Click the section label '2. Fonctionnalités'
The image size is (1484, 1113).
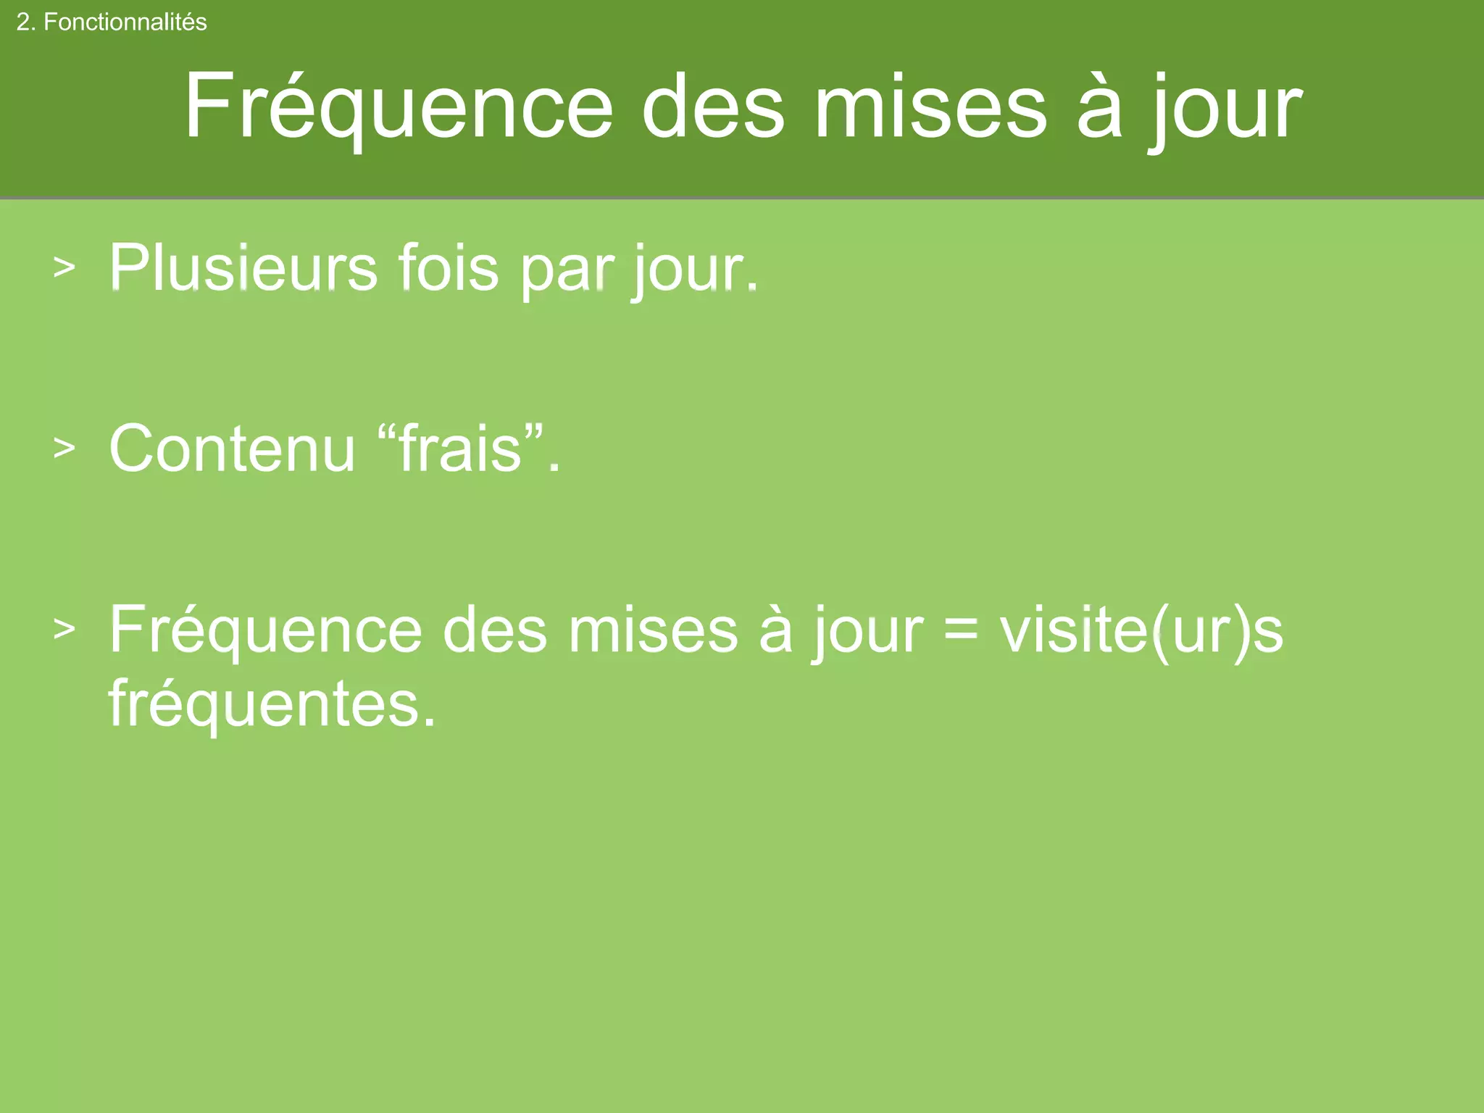[x=112, y=22]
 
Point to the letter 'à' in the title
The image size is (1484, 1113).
[x=1099, y=107]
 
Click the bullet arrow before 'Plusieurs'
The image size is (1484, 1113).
[x=64, y=267]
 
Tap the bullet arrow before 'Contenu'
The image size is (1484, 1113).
[x=64, y=449]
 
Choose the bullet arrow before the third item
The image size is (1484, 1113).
[x=64, y=629]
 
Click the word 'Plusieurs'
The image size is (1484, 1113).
[x=243, y=268]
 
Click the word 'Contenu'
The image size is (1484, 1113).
[x=232, y=449]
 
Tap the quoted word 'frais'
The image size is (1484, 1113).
[x=461, y=449]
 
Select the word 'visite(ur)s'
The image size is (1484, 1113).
[x=1141, y=630]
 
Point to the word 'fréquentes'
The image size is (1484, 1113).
[x=272, y=704]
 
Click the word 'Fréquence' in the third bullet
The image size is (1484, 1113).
[x=265, y=630]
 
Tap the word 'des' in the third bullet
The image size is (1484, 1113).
[x=495, y=630]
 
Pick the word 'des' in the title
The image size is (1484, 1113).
[x=713, y=107]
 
